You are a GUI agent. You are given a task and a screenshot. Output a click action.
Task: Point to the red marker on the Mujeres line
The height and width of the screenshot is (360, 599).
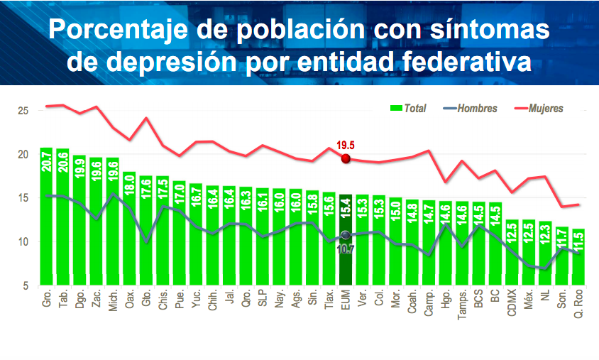346,158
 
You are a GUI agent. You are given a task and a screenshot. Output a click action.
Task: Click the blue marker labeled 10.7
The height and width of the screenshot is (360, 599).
346,235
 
